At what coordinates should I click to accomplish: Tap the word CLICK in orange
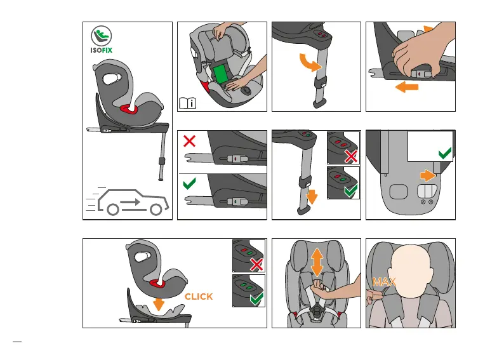199,297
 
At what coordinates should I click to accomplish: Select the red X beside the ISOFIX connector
189,140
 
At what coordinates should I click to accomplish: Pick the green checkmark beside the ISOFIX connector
189,185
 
